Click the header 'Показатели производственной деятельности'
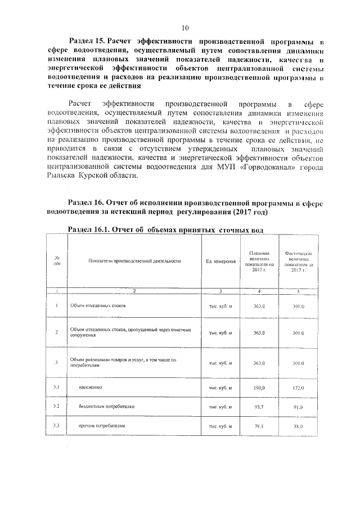[x=134, y=261]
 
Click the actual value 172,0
[x=298, y=388]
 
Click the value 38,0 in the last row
[x=298, y=426]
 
